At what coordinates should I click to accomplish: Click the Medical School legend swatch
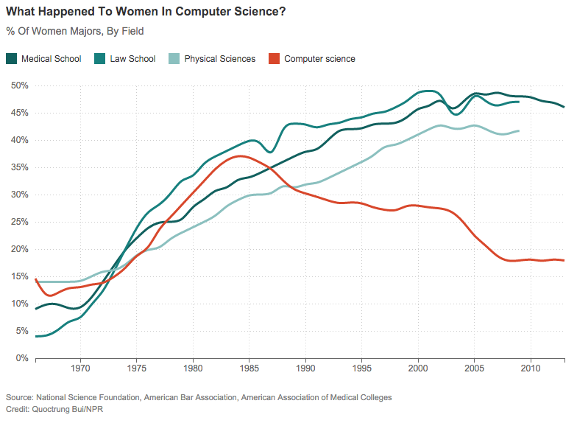(12, 59)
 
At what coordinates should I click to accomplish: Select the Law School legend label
(132, 59)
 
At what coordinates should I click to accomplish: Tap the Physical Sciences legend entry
(219, 59)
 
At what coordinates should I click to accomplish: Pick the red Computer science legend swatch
(275, 59)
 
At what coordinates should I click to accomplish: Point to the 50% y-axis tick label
(19, 85)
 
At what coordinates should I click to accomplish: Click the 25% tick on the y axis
(19, 222)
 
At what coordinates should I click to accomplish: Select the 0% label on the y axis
(22, 358)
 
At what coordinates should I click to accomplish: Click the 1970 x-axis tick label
(80, 368)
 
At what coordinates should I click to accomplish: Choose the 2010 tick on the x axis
(531, 368)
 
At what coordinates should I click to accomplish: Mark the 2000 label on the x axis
(418, 368)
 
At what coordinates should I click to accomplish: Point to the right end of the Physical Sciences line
(520, 130)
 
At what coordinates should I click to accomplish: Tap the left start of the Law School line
(35, 336)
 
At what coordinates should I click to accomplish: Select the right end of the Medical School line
(564, 107)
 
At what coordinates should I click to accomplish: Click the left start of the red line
(35, 279)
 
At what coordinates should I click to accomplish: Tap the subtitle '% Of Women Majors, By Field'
(74, 31)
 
